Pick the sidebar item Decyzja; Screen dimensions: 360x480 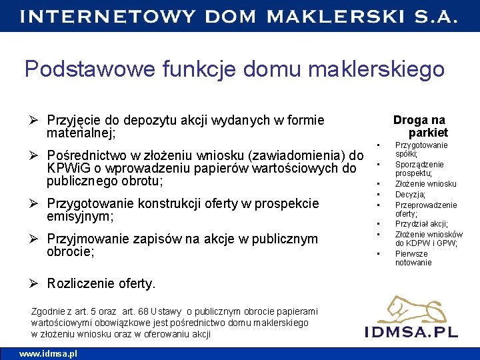[x=410, y=195]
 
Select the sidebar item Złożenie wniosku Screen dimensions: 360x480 [x=425, y=184]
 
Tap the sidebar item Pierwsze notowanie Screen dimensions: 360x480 [x=413, y=258]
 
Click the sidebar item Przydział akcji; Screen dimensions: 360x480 [x=421, y=224]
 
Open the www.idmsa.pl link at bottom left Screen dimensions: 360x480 [x=48, y=353]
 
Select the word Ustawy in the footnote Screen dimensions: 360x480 [x=167, y=311]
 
